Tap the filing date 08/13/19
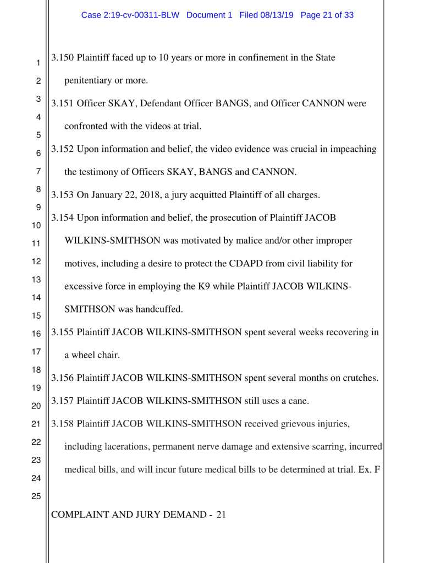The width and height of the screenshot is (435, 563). (277, 15)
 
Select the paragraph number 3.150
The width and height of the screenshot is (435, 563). (63, 58)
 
